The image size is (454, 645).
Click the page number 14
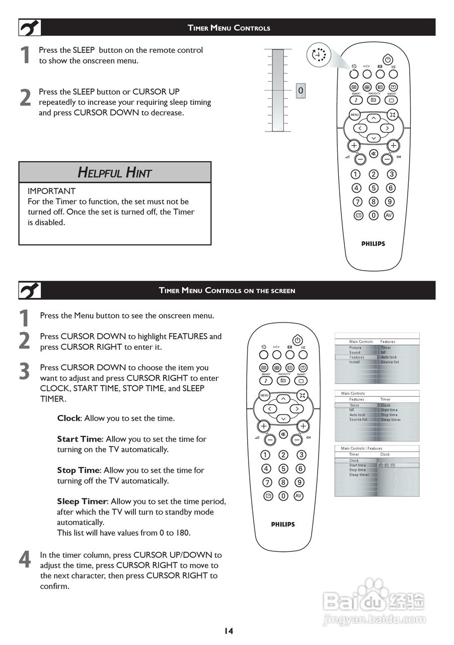coord(229,630)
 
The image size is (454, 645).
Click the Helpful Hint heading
coord(115,172)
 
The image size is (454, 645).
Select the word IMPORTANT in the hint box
coord(51,191)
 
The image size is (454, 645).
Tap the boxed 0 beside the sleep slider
coord(300,91)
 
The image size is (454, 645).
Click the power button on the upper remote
coord(388,59)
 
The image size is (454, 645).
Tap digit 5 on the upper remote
coord(373,188)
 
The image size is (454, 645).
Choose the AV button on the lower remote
coord(298,496)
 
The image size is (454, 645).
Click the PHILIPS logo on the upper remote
coord(373,244)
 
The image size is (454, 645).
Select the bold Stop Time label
coord(78,470)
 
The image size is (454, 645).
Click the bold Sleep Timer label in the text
coord(82,501)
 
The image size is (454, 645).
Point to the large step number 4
coord(24,560)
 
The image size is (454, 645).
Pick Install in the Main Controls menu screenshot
coord(355,362)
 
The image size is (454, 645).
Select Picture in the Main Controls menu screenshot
coord(355,348)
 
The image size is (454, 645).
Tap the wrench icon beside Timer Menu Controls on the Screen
coord(30,290)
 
